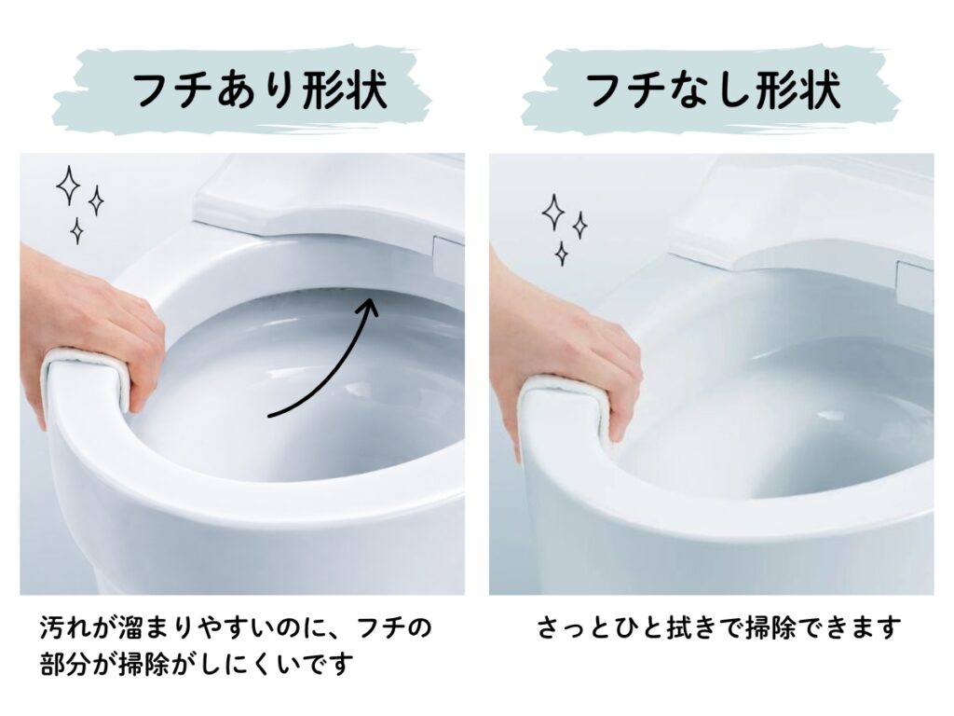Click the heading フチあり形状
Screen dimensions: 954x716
pos(259,91)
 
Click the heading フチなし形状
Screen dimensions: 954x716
pos(713,91)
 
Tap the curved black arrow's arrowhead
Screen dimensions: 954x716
pos(367,306)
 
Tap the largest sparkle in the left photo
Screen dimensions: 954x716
pos(68,185)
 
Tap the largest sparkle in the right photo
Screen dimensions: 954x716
pos(553,212)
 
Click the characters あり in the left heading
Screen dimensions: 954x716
pos(259,91)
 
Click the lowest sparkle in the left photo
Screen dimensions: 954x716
pos(76,231)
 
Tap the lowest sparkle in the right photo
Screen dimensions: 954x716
pos(562,254)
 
